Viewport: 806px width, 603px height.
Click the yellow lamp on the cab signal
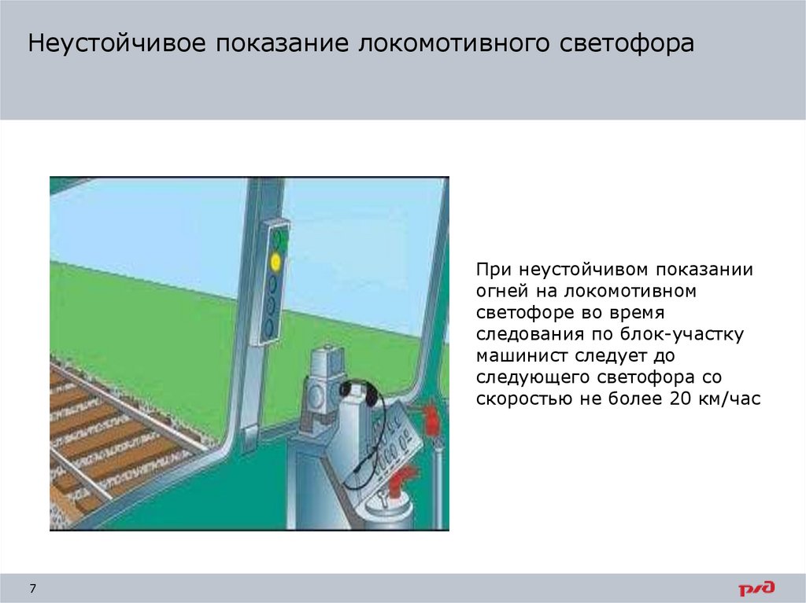(275, 259)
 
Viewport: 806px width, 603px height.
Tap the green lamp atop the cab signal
(276, 237)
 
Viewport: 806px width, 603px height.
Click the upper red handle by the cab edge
(431, 415)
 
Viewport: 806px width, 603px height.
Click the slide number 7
(33, 589)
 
